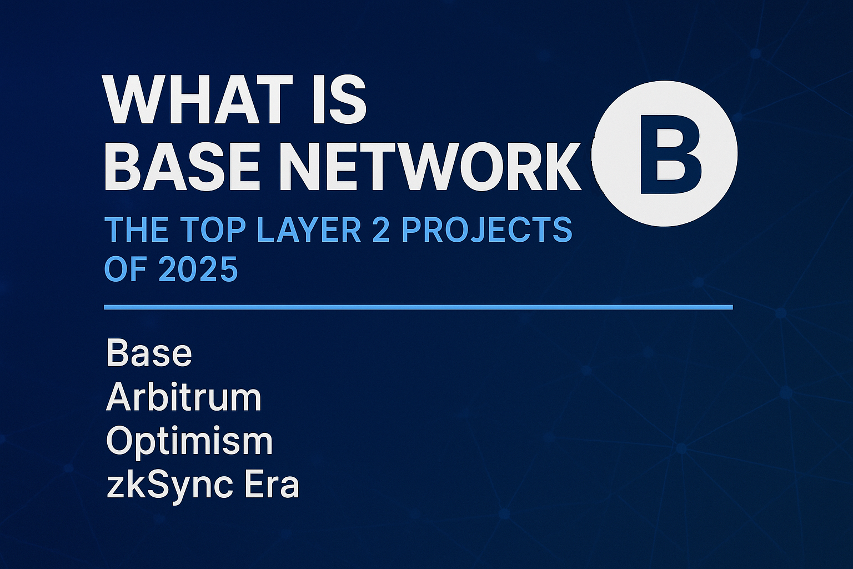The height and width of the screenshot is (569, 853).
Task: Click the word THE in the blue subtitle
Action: click(x=132, y=229)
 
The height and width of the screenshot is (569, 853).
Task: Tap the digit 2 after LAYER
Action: click(x=380, y=229)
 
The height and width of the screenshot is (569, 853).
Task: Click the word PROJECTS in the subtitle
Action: click(x=486, y=229)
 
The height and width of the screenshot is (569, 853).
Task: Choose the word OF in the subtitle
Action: click(x=126, y=269)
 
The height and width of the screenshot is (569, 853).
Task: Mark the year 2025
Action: click(x=198, y=269)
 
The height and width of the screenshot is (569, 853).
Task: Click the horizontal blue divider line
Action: click(x=418, y=307)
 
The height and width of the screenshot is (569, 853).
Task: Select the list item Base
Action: click(x=149, y=353)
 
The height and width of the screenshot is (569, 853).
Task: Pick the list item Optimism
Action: click(x=189, y=442)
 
